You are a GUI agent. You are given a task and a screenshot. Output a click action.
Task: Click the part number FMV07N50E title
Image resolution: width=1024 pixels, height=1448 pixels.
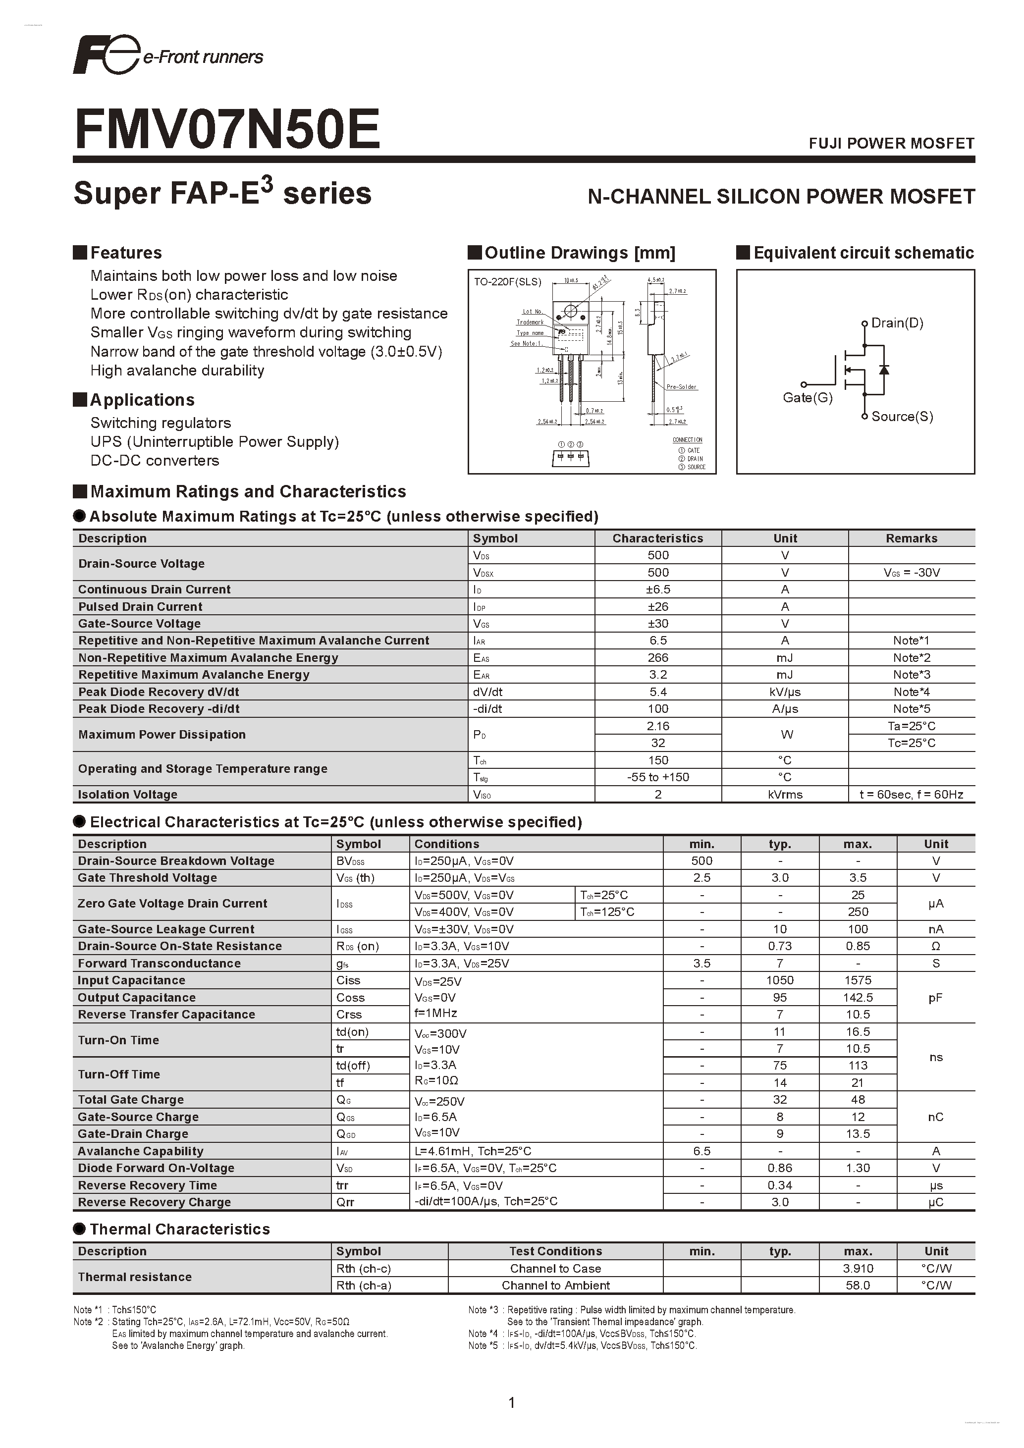[x=227, y=129]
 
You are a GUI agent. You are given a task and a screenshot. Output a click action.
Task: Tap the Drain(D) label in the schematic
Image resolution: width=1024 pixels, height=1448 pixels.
[x=897, y=323]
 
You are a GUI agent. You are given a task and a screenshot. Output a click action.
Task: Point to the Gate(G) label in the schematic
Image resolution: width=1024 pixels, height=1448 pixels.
[x=807, y=397]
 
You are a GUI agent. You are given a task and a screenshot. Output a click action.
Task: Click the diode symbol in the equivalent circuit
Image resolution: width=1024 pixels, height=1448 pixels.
[x=883, y=370]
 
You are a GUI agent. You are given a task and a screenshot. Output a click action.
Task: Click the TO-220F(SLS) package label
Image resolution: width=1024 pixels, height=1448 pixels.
[x=508, y=282]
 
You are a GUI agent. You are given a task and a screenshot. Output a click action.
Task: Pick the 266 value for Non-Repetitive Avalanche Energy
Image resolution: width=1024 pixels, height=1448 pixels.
[x=658, y=657]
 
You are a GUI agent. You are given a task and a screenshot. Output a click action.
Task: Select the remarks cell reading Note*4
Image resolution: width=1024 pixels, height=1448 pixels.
[x=911, y=692]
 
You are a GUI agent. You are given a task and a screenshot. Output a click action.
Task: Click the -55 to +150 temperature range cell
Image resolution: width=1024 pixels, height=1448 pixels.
[x=658, y=777]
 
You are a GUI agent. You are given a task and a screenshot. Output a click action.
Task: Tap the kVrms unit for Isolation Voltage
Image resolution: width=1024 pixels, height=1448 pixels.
[x=785, y=795]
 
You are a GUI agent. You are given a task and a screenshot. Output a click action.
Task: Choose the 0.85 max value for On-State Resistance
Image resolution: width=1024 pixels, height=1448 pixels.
[x=858, y=946]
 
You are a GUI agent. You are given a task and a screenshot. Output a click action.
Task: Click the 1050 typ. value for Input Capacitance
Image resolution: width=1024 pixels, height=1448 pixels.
[x=780, y=980]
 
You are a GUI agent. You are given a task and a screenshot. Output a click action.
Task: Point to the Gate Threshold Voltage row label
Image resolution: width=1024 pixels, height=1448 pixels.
[x=147, y=878]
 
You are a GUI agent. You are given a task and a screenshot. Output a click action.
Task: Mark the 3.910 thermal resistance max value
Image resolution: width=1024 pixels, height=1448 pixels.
[x=858, y=1268]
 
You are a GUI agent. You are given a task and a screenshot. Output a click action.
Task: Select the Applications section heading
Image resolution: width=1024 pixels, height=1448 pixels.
[x=142, y=400]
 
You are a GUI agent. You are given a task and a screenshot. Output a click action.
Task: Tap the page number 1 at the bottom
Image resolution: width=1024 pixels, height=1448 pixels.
[x=511, y=1402]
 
